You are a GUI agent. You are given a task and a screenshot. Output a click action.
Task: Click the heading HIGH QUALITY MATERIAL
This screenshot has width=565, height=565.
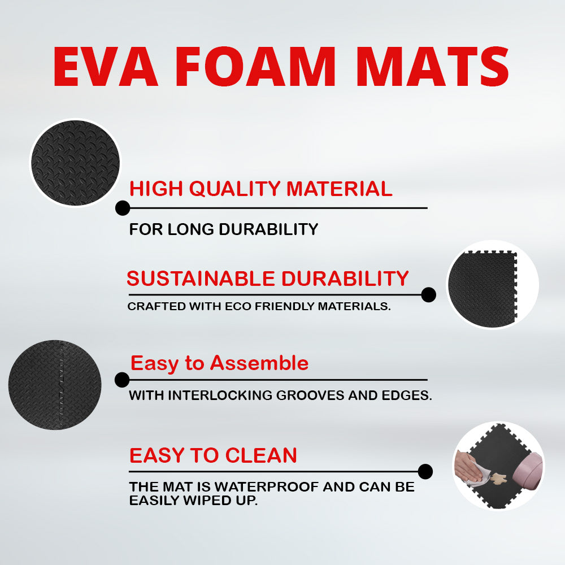click(x=260, y=189)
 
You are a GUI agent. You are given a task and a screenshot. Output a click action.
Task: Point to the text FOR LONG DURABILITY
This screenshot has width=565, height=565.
click(x=224, y=229)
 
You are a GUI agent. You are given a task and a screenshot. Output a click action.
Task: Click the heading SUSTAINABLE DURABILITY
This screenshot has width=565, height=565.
click(x=267, y=279)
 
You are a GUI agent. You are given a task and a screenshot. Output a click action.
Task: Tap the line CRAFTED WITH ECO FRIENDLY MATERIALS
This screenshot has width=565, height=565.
click(x=259, y=307)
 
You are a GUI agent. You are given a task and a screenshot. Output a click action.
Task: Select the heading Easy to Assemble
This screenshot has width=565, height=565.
click(x=219, y=363)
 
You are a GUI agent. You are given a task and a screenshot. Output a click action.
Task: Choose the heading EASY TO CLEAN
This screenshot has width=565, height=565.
click(x=213, y=455)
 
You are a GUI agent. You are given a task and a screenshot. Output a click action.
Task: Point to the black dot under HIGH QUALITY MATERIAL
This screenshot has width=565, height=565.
click(x=123, y=208)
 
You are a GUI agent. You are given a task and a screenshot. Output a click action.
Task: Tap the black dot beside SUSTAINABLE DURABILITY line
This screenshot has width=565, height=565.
click(x=429, y=294)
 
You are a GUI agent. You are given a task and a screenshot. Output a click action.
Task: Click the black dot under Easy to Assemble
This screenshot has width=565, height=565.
click(x=122, y=380)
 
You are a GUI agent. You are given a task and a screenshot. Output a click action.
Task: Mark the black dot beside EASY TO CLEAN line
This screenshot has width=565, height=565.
click(x=425, y=471)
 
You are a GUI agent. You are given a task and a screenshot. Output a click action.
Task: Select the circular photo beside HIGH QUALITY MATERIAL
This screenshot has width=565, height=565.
click(x=75, y=163)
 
